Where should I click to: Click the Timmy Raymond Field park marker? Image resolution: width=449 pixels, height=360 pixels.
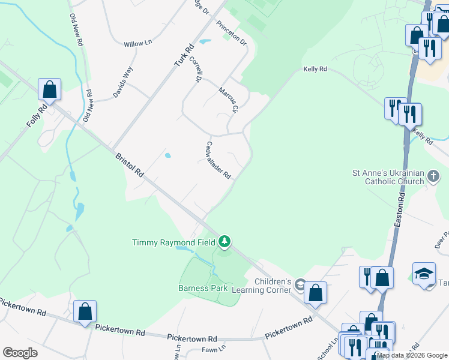pyautogui.click(x=224, y=242)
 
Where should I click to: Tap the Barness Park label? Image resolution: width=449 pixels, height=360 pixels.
pyautogui.click(x=203, y=288)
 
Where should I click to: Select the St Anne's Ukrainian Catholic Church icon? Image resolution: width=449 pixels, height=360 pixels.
pyautogui.click(x=434, y=178)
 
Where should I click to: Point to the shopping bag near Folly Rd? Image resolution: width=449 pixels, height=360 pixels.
pyautogui.click(x=50, y=90)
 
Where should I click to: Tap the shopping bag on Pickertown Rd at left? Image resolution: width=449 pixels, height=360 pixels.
pyautogui.click(x=85, y=311)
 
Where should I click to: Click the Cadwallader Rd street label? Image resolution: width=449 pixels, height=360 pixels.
pyautogui.click(x=218, y=160)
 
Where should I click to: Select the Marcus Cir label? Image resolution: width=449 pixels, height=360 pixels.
pyautogui.click(x=229, y=99)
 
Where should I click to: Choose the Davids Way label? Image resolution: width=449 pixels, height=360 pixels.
pyautogui.click(x=122, y=82)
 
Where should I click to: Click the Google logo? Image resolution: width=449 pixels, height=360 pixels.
pyautogui.click(x=20, y=352)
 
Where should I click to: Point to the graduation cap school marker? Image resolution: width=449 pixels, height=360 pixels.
pyautogui.click(x=424, y=274)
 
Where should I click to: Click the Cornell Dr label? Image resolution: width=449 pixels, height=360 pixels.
pyautogui.click(x=194, y=69)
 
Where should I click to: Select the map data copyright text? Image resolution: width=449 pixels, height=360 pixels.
pyautogui.click(x=412, y=355)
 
